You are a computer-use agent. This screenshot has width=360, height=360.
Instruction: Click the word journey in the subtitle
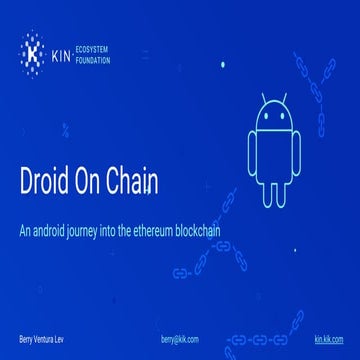85,230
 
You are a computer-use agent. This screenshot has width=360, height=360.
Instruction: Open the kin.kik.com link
328,341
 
